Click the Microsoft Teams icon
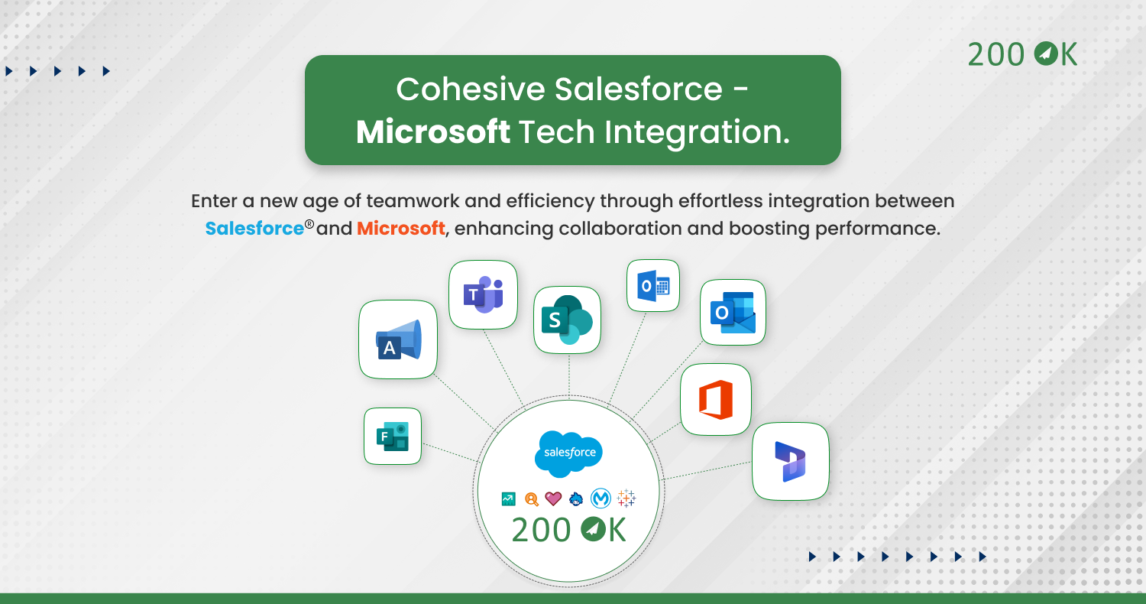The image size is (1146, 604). click(483, 294)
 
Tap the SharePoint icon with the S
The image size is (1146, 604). click(567, 320)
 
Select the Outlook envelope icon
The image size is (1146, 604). click(733, 312)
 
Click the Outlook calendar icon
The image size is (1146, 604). click(653, 286)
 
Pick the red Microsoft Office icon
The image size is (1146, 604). click(716, 399)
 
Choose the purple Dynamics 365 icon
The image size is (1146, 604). click(791, 461)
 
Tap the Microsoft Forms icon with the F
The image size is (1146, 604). click(393, 436)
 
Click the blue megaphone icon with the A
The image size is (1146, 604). click(399, 339)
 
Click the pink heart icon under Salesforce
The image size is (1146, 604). click(553, 498)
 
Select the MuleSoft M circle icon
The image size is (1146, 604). click(601, 498)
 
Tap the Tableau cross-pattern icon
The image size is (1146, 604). click(626, 498)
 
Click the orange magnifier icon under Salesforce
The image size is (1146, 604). click(532, 499)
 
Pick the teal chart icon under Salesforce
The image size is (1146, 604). click(509, 499)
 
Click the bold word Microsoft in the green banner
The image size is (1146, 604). click(433, 132)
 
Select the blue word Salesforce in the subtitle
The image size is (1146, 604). click(254, 229)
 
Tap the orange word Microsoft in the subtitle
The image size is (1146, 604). click(400, 229)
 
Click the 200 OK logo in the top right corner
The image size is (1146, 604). click(1022, 54)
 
